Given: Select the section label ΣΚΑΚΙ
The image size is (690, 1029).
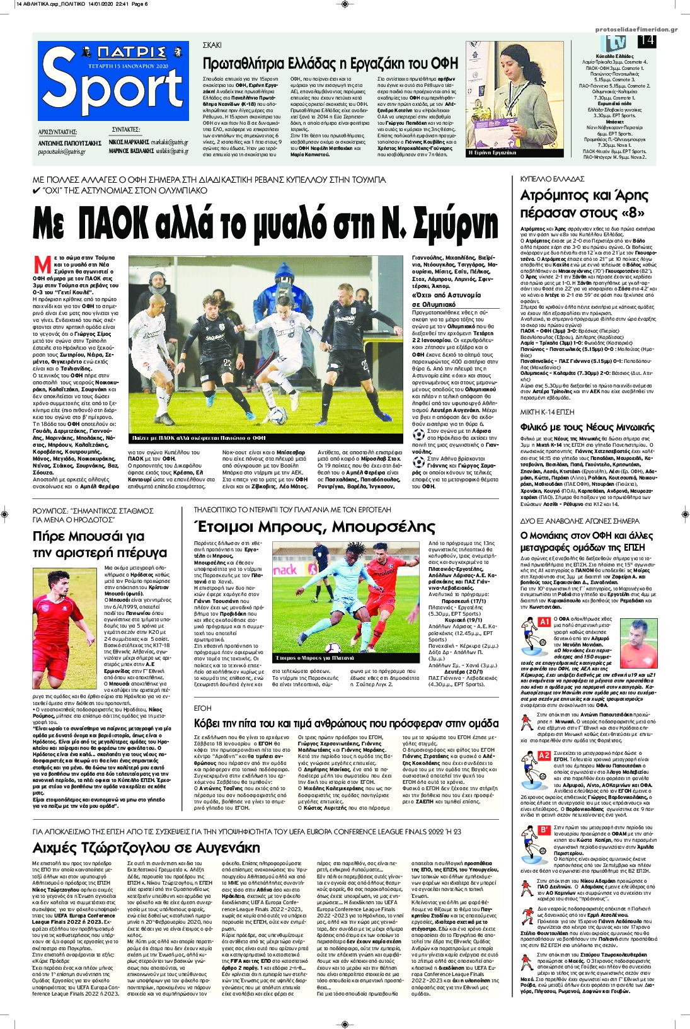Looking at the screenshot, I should [212, 46].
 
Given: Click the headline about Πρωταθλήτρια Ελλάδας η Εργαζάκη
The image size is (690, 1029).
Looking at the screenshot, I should [321, 63].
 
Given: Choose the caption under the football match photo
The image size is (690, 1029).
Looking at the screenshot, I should [199, 437].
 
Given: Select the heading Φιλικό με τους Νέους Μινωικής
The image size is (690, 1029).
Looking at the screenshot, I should [578, 427].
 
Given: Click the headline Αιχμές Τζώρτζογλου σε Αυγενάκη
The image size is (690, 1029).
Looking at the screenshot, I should [146, 846].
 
